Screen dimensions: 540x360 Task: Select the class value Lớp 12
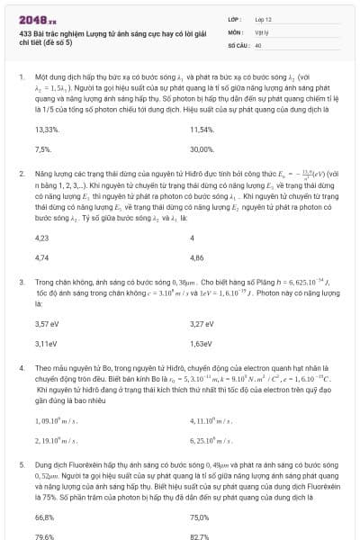pyautogui.click(x=263, y=18)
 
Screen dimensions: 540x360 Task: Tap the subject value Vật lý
pyautogui.click(x=260, y=31)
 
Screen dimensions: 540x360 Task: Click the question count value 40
pyautogui.click(x=258, y=43)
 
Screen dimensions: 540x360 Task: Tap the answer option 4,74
pyautogui.click(x=41, y=256)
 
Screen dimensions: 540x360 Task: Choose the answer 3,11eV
pyautogui.click(x=45, y=343)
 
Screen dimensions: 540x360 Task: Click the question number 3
pyautogui.click(x=21, y=281)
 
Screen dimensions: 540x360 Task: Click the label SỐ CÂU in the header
pyautogui.click(x=238, y=43)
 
